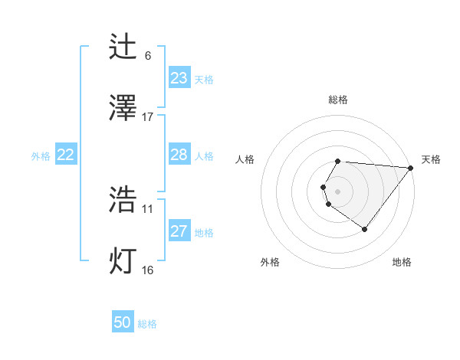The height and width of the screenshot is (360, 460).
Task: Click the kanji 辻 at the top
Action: tap(124, 47)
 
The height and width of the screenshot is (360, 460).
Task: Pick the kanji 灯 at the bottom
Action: tap(124, 261)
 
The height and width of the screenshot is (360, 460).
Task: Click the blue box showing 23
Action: tap(179, 78)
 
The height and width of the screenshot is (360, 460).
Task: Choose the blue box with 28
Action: tap(179, 155)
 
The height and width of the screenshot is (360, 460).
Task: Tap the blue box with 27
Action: tap(179, 231)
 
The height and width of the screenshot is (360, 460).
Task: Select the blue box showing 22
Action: tap(66, 155)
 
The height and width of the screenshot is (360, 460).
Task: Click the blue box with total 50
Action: tap(123, 322)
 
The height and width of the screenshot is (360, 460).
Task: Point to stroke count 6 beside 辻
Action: tap(148, 56)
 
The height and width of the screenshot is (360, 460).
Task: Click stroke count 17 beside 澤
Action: tap(148, 117)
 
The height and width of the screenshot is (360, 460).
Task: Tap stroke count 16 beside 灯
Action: tap(148, 270)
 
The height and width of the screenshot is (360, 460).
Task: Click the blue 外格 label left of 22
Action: tap(41, 156)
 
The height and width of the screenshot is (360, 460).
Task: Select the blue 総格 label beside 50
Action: tap(147, 324)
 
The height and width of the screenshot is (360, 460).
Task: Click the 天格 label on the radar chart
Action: tap(432, 159)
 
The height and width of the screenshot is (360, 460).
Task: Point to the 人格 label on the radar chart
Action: tap(245, 159)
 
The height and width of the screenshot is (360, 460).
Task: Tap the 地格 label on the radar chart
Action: tap(402, 262)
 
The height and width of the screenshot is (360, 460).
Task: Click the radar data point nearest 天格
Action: tap(411, 168)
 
